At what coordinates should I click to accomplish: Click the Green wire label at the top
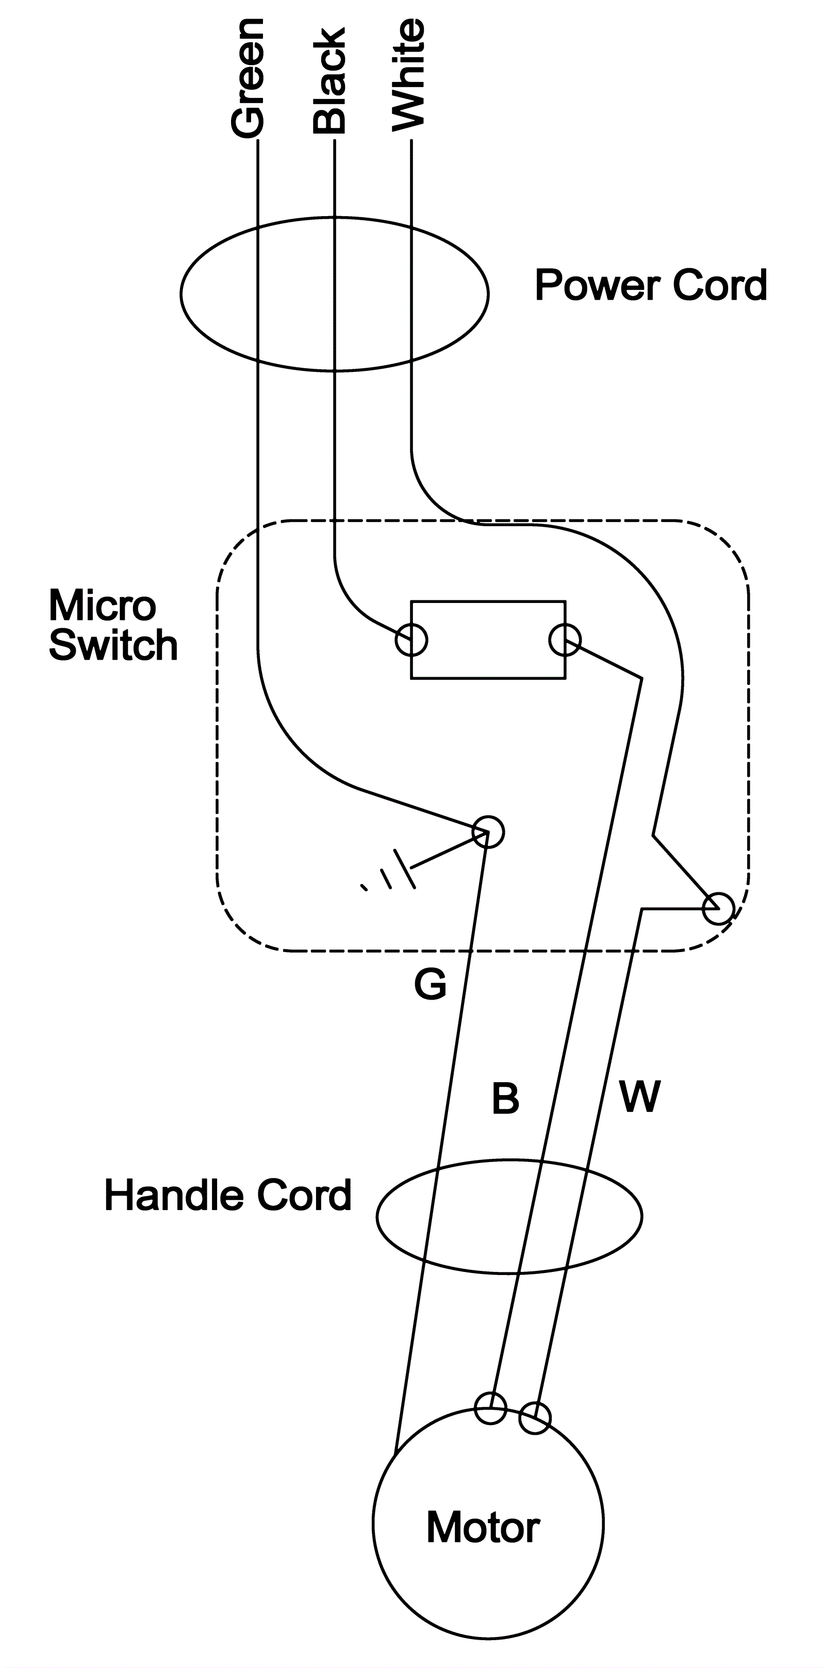tap(247, 78)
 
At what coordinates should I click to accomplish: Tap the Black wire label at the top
tap(329, 81)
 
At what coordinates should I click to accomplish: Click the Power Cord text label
tap(651, 286)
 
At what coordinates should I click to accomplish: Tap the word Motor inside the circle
tap(483, 1528)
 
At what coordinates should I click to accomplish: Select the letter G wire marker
tap(430, 985)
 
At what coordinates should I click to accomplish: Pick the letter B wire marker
tap(505, 1098)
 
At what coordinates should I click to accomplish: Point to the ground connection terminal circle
tap(488, 832)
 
